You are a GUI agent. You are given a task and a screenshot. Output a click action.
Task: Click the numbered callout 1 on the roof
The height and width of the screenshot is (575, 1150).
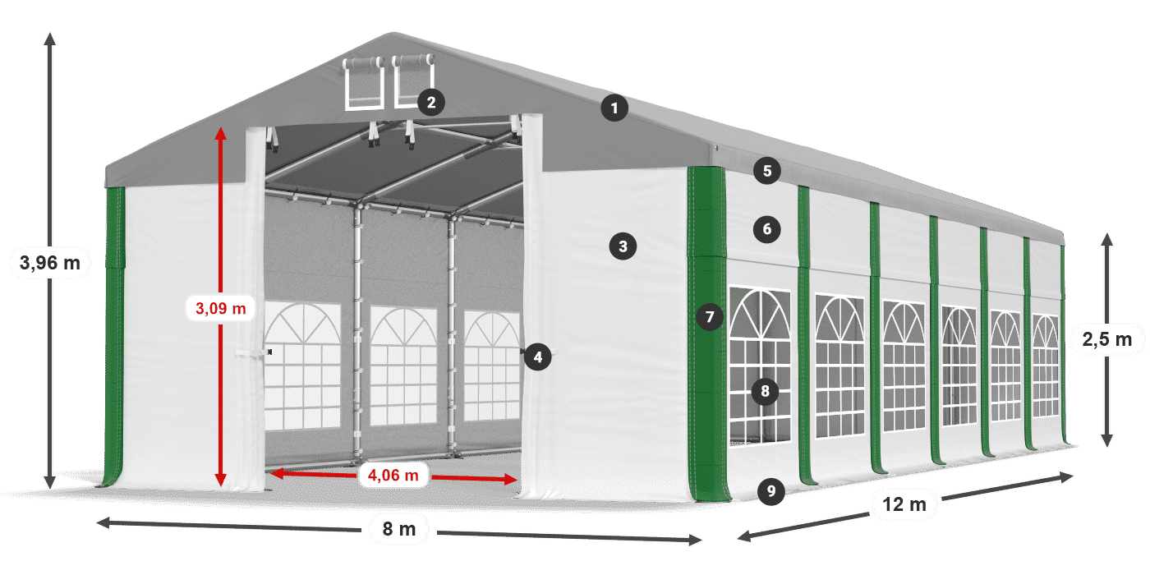[x=614, y=108]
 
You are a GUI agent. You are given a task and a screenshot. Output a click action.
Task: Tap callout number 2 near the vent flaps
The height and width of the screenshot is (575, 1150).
[x=431, y=102]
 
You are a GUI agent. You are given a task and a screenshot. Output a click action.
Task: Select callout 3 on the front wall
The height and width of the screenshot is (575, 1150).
[x=623, y=246]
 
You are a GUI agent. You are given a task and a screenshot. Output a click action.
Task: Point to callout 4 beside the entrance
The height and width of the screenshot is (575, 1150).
[x=537, y=356]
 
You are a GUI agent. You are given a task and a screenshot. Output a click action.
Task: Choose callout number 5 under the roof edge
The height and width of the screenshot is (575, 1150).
[x=767, y=171]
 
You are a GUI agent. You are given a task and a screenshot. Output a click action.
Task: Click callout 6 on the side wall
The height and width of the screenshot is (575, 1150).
[x=767, y=229]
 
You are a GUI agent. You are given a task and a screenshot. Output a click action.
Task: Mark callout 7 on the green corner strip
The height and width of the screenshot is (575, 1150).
[x=710, y=316]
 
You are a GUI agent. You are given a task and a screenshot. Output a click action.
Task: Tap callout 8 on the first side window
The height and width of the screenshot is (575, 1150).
[x=765, y=391]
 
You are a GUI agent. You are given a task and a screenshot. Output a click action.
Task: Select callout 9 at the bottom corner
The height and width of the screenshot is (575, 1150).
[x=770, y=491]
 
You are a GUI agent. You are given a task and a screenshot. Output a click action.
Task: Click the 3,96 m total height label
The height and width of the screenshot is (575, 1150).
[x=50, y=263]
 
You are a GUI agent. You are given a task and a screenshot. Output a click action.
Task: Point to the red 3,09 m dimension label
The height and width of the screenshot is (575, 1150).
[x=221, y=308]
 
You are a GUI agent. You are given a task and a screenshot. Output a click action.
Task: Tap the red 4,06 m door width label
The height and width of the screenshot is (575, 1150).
[x=393, y=475]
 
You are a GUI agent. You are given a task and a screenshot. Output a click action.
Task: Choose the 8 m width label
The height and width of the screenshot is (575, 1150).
[x=399, y=529]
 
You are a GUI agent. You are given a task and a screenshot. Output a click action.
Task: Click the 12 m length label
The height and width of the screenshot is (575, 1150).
[x=904, y=504]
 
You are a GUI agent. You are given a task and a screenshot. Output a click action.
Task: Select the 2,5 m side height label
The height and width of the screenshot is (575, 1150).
[x=1107, y=338]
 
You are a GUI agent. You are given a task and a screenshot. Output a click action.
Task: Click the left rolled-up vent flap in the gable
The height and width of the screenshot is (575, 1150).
[x=364, y=83]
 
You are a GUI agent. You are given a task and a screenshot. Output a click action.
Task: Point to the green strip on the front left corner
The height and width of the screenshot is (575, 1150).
[x=114, y=336]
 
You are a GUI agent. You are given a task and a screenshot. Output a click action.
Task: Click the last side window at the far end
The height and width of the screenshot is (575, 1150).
[x=1046, y=366]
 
